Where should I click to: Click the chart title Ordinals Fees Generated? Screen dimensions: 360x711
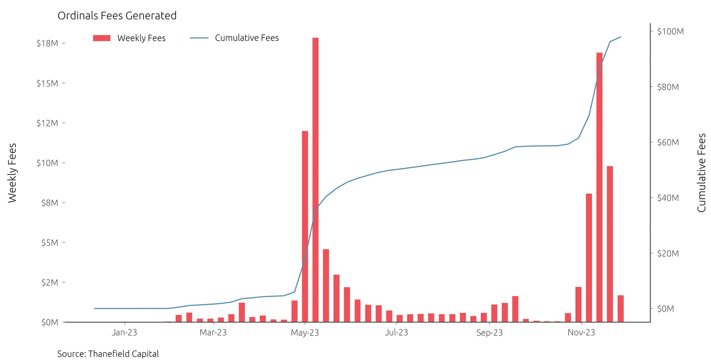[117, 16]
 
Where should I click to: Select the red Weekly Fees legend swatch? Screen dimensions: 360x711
[102, 38]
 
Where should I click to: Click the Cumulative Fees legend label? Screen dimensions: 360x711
[247, 38]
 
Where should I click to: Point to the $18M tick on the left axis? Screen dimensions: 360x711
[47, 43]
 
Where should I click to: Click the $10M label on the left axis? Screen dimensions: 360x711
[47, 163]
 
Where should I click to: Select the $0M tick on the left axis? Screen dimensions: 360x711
[49, 322]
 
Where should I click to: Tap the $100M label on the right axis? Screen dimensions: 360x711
[670, 32]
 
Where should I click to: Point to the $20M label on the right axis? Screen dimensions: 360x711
[668, 253]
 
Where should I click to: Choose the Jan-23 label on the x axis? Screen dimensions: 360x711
[124, 333]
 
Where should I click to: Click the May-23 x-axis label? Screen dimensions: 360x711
[305, 333]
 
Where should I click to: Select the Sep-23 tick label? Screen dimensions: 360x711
[490, 333]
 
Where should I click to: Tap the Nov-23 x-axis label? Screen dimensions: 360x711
[581, 333]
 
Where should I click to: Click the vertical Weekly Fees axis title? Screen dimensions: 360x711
[12, 173]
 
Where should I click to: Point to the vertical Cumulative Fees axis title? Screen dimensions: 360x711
[701, 173]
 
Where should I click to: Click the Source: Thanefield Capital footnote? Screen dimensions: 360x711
[108, 354]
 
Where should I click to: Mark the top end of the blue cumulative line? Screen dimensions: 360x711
[621, 37]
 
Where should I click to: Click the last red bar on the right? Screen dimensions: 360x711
[621, 308]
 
